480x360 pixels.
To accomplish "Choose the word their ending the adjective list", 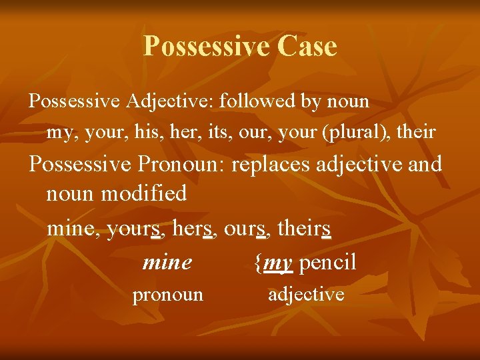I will (416, 133).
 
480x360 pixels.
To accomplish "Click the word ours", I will (246, 229).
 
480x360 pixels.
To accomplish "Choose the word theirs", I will (304, 229).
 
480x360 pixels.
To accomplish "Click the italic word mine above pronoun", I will (167, 263).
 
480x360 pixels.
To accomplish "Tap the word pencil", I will (328, 263).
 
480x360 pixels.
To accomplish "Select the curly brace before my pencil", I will (258, 263).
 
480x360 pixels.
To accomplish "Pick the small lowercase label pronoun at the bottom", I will (167, 295).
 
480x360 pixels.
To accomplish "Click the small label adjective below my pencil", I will (306, 294).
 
